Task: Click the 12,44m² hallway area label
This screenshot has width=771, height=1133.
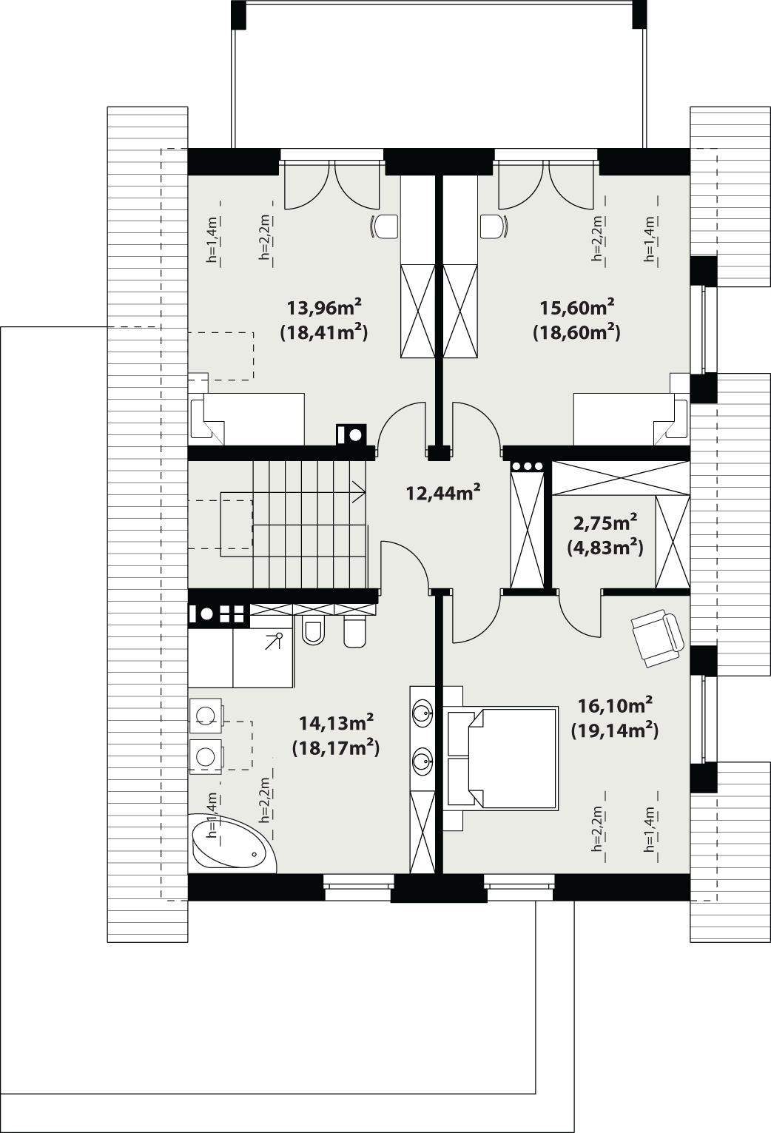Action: pyautogui.click(x=443, y=491)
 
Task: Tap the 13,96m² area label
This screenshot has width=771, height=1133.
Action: pyautogui.click(x=324, y=306)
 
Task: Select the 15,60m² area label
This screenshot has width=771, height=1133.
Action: pyautogui.click(x=578, y=306)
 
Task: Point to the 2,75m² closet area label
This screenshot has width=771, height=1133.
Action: pyautogui.click(x=606, y=523)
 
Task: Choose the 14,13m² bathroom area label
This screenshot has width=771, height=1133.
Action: pyautogui.click(x=335, y=722)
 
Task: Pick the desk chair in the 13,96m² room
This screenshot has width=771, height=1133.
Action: pyautogui.click(x=384, y=226)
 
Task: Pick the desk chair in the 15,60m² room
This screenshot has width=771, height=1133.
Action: pyautogui.click(x=494, y=226)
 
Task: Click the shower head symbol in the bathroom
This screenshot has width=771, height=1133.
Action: pyautogui.click(x=279, y=636)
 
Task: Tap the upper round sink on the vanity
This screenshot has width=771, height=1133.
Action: pyautogui.click(x=422, y=713)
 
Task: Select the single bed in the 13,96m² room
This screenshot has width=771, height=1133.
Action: pyautogui.click(x=248, y=419)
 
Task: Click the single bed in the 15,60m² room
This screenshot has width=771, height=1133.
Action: pyautogui.click(x=630, y=419)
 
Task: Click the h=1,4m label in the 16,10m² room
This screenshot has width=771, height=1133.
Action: pyautogui.click(x=650, y=830)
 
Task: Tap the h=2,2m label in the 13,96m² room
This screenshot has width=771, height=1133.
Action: pyautogui.click(x=264, y=239)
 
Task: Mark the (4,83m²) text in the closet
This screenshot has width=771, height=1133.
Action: pyautogui.click(x=605, y=548)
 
